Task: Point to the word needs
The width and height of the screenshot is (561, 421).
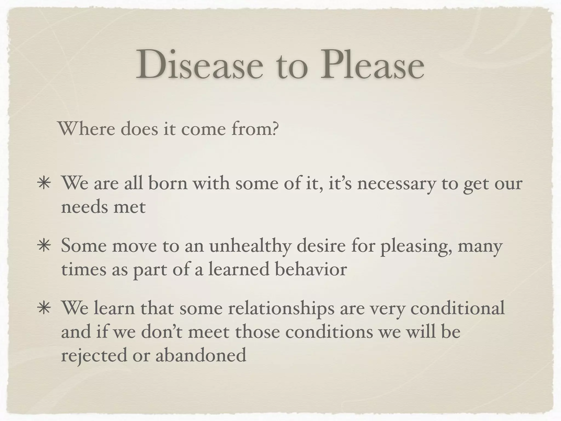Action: [84, 207]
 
